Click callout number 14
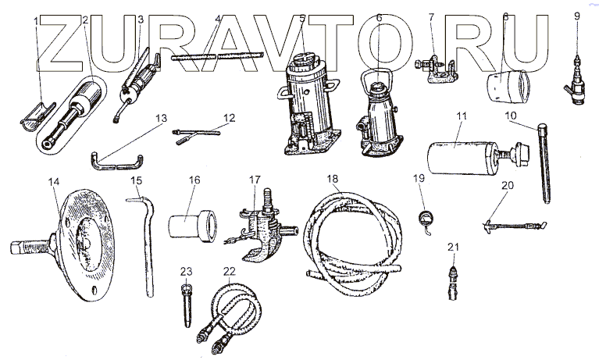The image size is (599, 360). click(x=53, y=181)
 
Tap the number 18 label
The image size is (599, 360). click(x=333, y=180)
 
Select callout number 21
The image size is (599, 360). click(x=451, y=248)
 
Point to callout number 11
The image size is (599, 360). click(x=462, y=116)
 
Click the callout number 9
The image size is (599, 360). click(x=577, y=15)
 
